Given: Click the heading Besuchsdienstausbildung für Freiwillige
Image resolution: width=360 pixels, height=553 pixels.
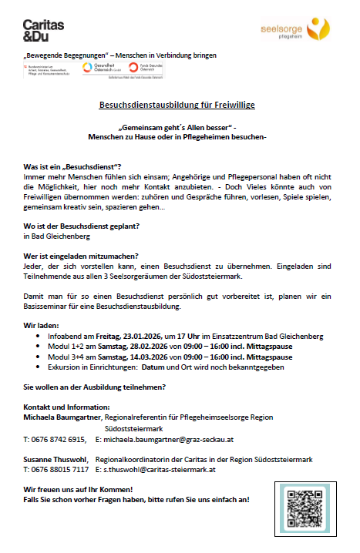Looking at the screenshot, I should [x=177, y=104].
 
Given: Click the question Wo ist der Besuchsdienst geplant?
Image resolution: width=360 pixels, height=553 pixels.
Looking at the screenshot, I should [x=82, y=226].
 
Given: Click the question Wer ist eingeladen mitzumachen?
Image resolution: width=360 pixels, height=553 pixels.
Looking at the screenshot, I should [x=82, y=256].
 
